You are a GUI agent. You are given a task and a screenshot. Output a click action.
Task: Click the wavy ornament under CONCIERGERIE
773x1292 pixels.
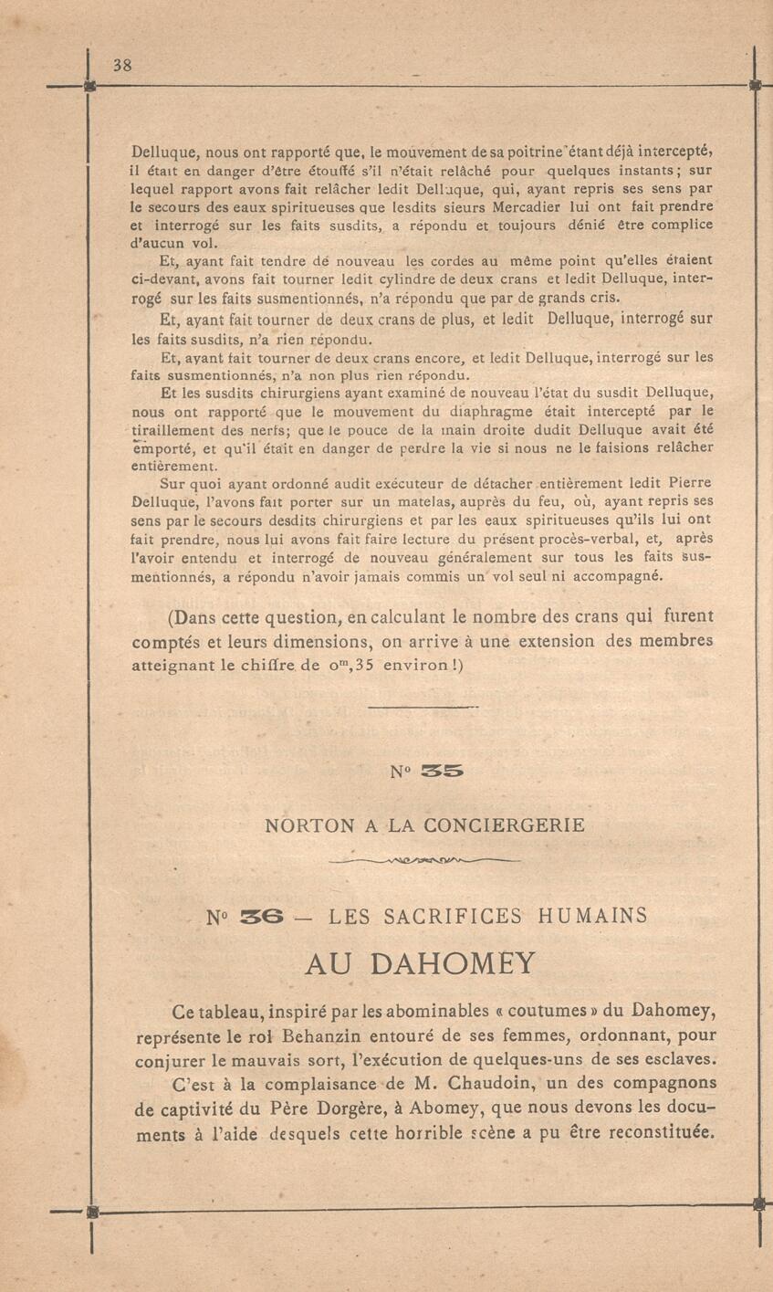point(424,860)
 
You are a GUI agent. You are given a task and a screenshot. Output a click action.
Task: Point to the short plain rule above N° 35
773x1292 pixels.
point(422,707)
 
